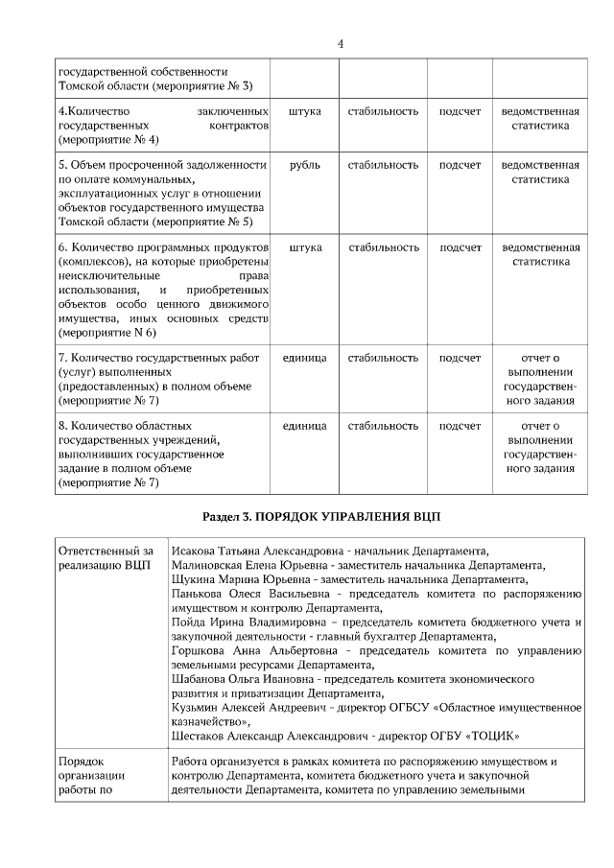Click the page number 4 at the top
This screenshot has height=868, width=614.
coord(341,43)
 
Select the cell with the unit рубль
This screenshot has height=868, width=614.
coord(304,165)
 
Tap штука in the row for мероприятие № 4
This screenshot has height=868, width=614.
coord(304,111)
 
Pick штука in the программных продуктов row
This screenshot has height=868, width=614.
coord(304,246)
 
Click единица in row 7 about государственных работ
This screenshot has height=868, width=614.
coord(304,358)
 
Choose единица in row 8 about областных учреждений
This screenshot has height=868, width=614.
coord(304,425)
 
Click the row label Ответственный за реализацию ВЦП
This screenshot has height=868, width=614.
coord(106,558)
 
